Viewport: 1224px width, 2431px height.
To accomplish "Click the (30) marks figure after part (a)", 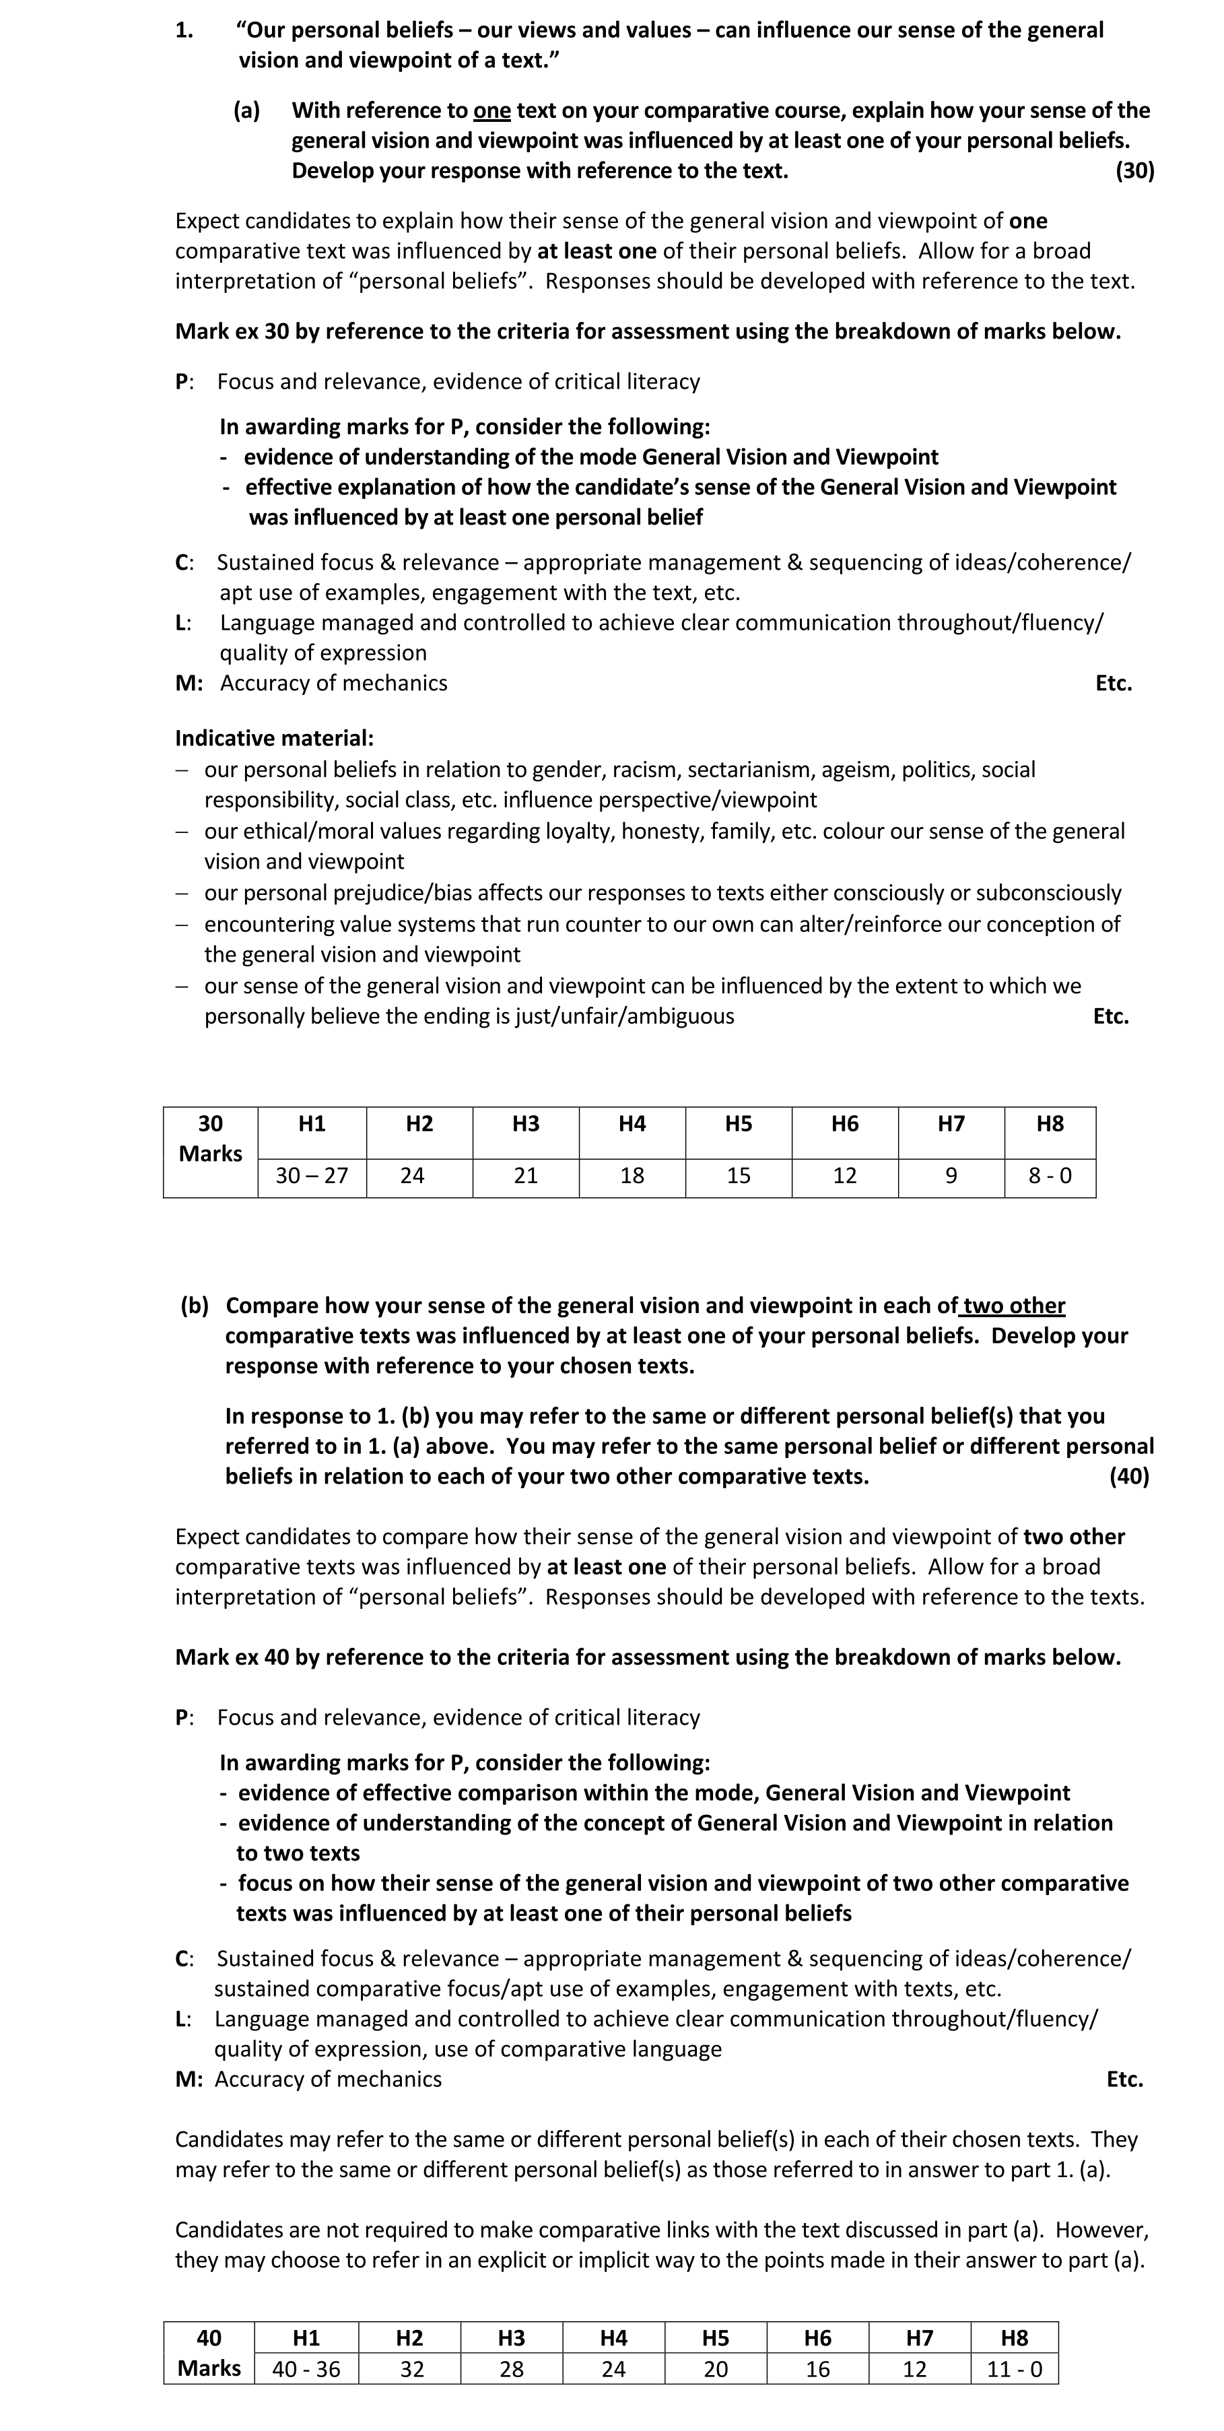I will (1134, 171).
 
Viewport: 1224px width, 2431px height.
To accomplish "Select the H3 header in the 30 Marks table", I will (526, 1124).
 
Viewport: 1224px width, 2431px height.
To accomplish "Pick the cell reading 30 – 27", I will (312, 1176).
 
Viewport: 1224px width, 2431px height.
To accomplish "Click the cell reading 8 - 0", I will (1050, 1176).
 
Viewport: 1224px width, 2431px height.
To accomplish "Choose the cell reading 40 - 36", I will (306, 2369).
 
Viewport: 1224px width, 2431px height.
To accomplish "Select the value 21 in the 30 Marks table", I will (526, 1176).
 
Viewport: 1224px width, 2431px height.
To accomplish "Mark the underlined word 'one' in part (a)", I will (491, 110).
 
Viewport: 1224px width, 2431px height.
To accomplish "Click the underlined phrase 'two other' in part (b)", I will (1015, 1306).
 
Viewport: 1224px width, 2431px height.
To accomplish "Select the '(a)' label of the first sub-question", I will (246, 110).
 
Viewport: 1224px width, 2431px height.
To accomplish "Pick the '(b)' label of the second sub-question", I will (195, 1306).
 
